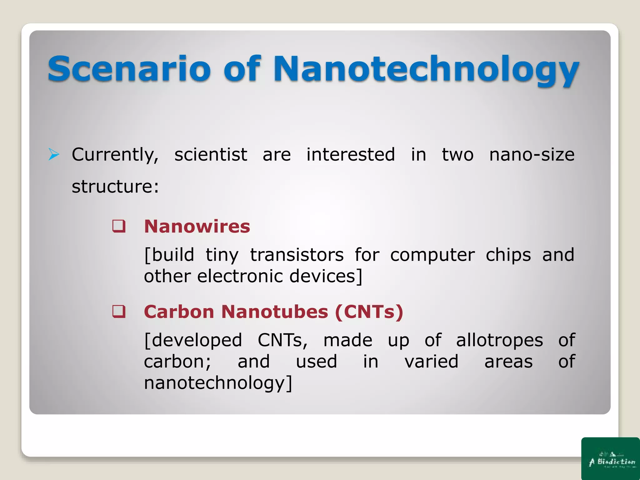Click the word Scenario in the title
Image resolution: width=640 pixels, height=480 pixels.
[129, 69]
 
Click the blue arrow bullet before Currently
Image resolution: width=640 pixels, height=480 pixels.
[54, 155]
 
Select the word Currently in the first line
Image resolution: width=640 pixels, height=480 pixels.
[115, 155]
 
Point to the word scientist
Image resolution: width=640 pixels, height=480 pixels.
[211, 155]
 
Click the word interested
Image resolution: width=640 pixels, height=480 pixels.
[350, 155]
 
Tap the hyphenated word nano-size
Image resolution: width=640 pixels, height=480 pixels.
[532, 155]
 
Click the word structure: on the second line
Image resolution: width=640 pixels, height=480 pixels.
[115, 187]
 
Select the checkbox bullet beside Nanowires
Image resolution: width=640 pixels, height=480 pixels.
[119, 226]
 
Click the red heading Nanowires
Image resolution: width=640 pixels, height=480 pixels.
[197, 226]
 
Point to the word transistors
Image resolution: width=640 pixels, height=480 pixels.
[297, 255]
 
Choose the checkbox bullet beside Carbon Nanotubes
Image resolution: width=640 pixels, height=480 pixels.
[119, 312]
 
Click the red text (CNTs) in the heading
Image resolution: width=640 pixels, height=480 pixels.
[369, 312]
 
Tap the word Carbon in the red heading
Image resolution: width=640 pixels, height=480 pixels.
[179, 312]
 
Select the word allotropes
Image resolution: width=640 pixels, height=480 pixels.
[499, 340]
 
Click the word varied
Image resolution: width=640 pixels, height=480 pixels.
[431, 362]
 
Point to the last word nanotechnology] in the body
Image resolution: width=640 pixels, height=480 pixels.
[218, 383]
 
